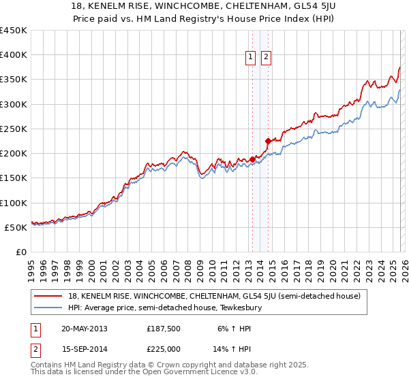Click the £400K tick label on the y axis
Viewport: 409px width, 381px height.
click(14, 55)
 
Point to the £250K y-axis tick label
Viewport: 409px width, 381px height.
click(14, 129)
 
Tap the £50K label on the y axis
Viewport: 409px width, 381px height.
click(16, 227)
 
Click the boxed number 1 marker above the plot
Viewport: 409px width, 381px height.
click(251, 58)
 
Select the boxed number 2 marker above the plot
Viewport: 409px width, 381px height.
click(266, 58)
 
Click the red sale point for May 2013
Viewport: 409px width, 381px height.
click(252, 159)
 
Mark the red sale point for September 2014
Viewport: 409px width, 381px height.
click(268, 141)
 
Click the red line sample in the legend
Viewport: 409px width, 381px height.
click(48, 296)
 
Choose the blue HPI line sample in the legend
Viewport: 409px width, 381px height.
click(48, 308)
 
